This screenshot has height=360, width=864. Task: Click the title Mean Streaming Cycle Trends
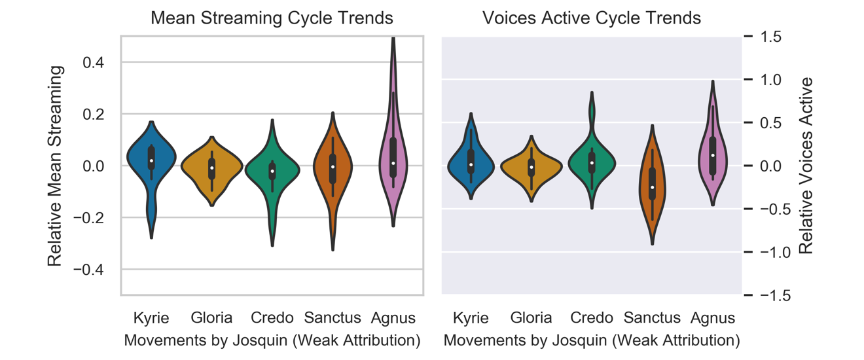pos(272,18)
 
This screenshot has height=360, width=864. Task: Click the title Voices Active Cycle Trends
pos(592,18)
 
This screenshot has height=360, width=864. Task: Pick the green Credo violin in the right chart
pos(592,164)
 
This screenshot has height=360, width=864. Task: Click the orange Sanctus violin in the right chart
pos(652,187)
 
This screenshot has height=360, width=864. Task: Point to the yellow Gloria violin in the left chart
pos(211,167)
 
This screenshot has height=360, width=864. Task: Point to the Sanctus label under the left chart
pos(333,318)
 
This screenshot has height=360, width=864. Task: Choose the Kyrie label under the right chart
pos(471,318)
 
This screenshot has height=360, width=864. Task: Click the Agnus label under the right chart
pos(713,318)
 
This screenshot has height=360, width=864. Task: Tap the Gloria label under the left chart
pos(211,318)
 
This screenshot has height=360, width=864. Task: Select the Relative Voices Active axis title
pos(806,166)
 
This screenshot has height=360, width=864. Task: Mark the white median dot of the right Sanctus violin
pos(652,187)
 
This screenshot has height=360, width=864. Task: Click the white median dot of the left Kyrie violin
pos(151,160)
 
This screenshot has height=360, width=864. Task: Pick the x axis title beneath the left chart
pos(272,340)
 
